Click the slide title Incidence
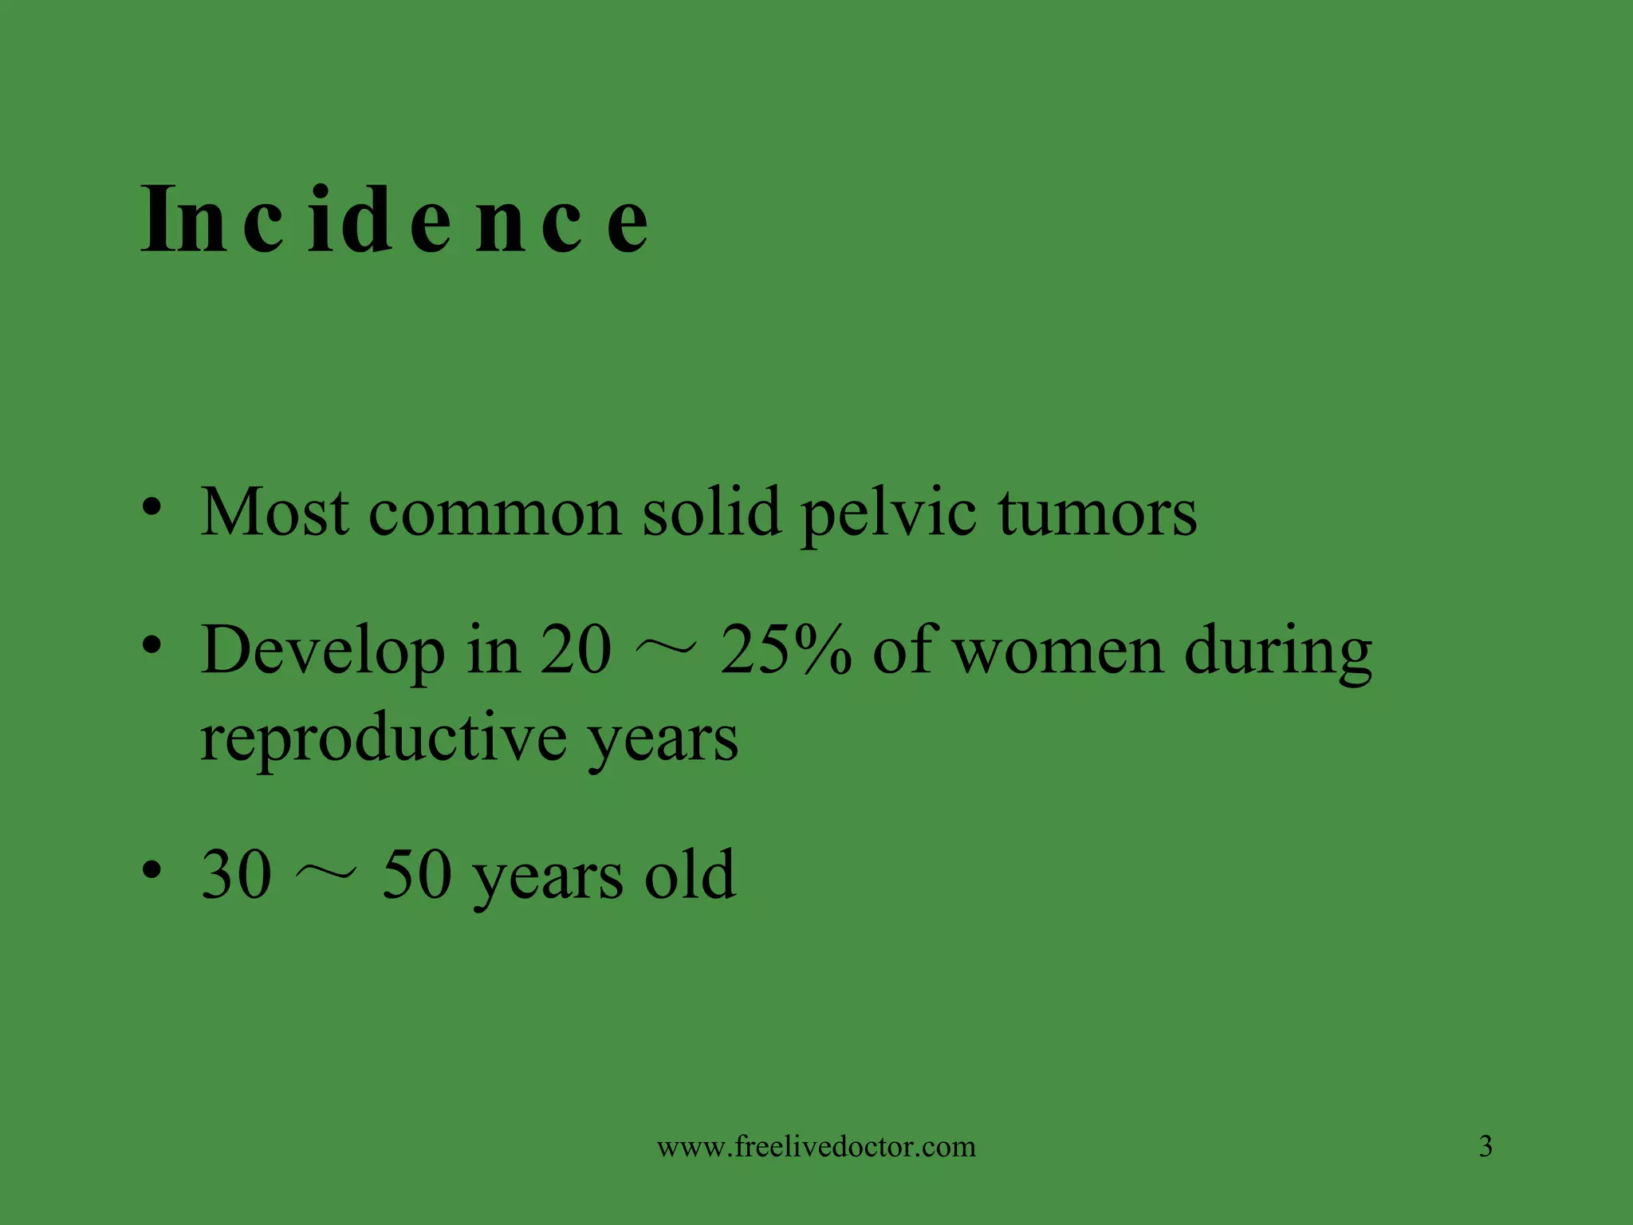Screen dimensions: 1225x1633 pos(395,219)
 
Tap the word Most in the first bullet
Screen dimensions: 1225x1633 pos(274,512)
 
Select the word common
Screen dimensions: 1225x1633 pos(494,512)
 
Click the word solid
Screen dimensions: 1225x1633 pos(711,512)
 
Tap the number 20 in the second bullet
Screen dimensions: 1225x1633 pos(576,651)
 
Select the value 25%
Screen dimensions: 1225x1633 pos(786,651)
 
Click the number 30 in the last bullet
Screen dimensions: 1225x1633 pos(237,875)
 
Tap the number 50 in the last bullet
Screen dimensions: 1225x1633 pos(417,875)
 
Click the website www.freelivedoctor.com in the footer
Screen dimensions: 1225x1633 pos(816,1147)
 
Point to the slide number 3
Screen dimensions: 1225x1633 pos(1485,1147)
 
